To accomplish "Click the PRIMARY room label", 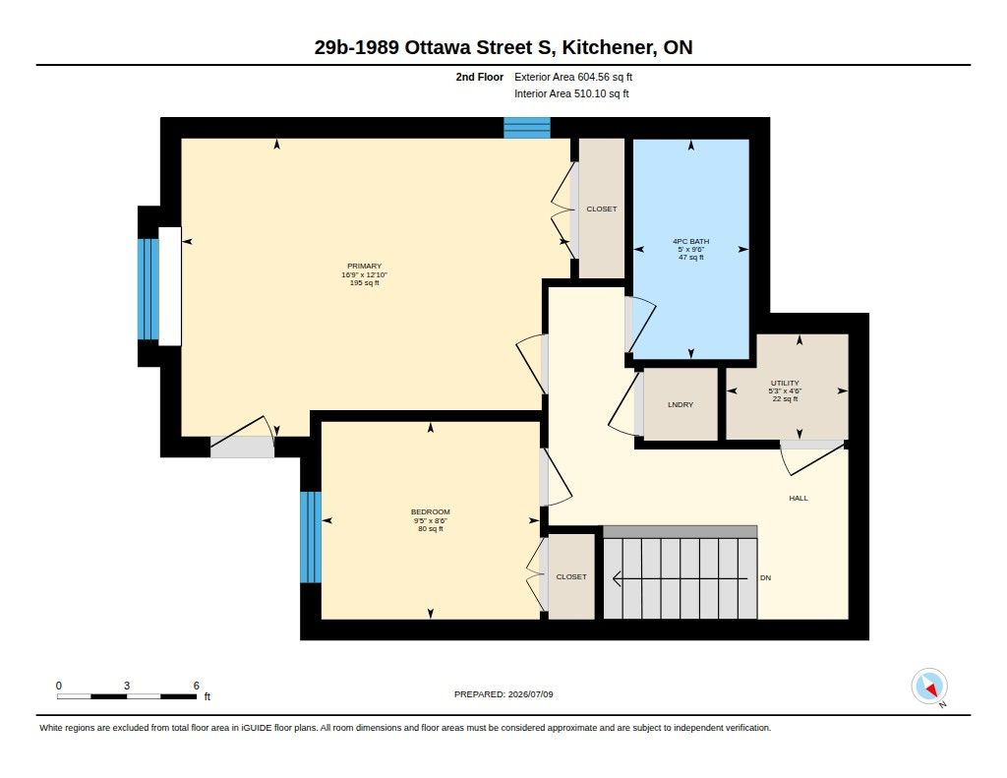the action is [x=364, y=266].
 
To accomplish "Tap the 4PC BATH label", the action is [x=691, y=242].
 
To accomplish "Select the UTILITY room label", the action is [x=785, y=383].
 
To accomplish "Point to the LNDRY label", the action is [x=681, y=405].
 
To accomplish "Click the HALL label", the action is [x=799, y=498].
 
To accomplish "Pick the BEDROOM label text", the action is [x=431, y=512].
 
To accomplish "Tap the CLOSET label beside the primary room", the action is [x=602, y=209].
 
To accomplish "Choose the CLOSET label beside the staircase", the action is [x=571, y=577].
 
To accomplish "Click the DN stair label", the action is [x=765, y=577].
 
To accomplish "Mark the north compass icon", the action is [x=929, y=687].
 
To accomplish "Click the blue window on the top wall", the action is [x=527, y=128].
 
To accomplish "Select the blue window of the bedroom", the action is [x=310, y=537].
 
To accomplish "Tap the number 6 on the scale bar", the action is [x=197, y=686].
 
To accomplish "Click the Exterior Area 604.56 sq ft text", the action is [x=573, y=77].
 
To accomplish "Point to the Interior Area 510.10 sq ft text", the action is [x=571, y=93].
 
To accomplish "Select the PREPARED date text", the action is [x=503, y=694].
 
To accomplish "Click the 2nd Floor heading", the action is [x=479, y=77].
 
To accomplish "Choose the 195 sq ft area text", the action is [x=364, y=282].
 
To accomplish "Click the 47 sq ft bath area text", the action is [x=691, y=258].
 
